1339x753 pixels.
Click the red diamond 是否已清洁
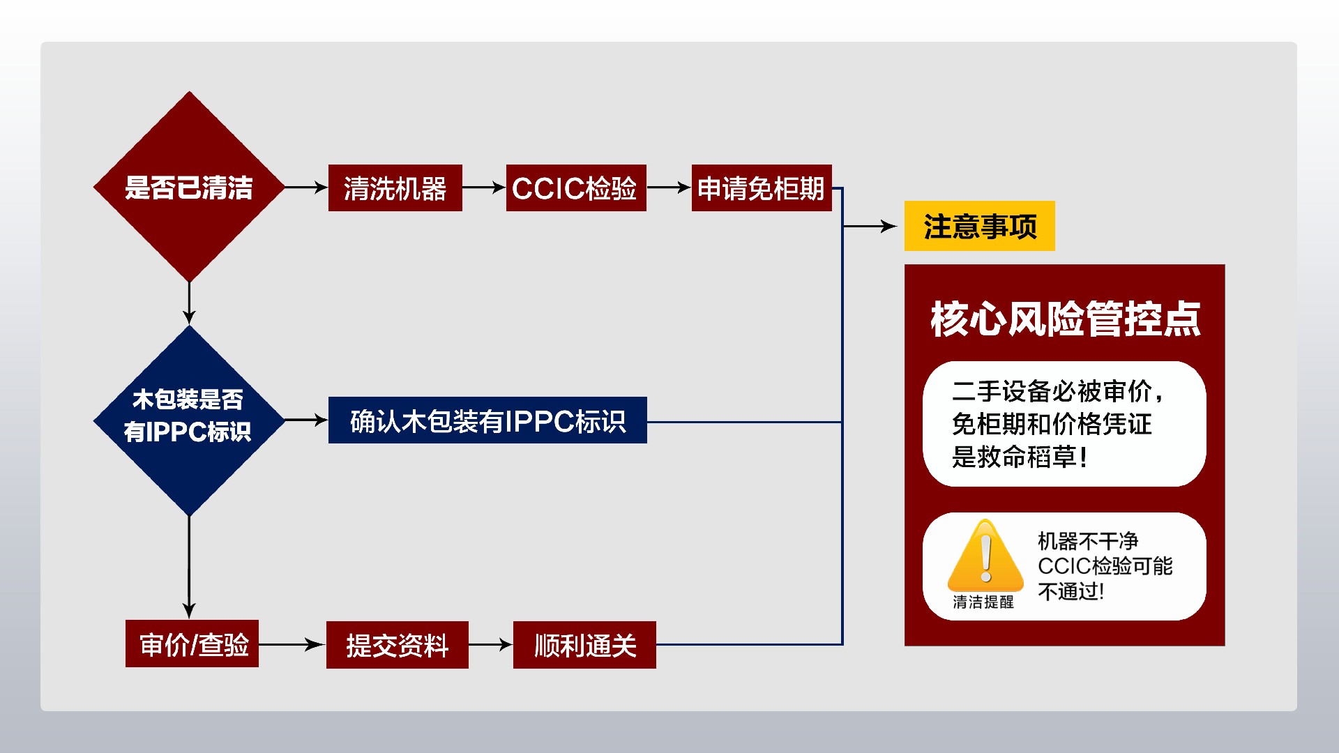[x=189, y=187]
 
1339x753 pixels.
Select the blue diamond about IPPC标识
[x=189, y=420]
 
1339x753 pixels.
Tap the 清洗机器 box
[x=395, y=188]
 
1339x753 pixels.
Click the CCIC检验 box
[x=575, y=188]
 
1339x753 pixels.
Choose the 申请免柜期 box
[x=761, y=188]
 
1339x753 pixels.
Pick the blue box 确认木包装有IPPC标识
[x=487, y=420]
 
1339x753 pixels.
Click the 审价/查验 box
[x=192, y=644]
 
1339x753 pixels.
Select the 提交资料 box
[x=397, y=645]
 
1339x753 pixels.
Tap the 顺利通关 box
[x=584, y=645]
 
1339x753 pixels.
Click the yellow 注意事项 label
[x=979, y=226]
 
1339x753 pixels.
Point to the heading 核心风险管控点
[x=1065, y=319]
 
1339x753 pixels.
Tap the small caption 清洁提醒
[x=983, y=602]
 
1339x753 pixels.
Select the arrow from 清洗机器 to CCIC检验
[x=483, y=188]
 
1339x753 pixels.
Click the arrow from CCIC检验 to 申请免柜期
[x=668, y=188]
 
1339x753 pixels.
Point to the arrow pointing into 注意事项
[x=870, y=226]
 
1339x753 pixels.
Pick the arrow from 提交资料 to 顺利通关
[x=490, y=645]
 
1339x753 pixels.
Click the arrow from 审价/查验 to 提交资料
[x=292, y=645]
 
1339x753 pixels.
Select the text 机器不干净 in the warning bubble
[x=1087, y=541]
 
